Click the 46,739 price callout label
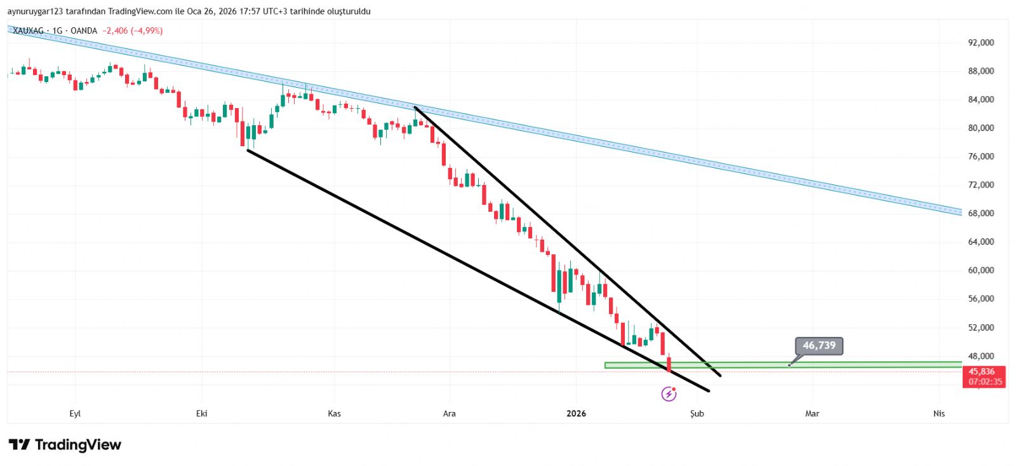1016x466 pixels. coord(819,346)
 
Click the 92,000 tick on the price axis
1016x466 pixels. coord(981,43)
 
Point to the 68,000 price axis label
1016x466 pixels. coord(981,214)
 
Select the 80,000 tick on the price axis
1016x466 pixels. coord(981,128)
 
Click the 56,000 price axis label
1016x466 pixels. coord(981,299)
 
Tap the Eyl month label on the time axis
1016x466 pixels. coord(75,414)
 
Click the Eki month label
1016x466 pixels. coord(202,414)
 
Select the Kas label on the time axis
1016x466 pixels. coord(334,414)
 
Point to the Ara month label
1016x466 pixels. coord(449,414)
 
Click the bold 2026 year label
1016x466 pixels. coord(576,414)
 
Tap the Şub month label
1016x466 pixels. coord(697,414)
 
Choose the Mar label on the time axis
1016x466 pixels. coord(812,414)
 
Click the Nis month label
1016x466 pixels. coord(939,414)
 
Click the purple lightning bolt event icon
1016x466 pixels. coord(669,394)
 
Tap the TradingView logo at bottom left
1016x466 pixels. coord(65,445)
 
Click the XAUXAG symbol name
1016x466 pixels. coord(29,31)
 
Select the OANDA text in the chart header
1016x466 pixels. coord(84,31)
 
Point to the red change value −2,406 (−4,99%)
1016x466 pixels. coord(133,31)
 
